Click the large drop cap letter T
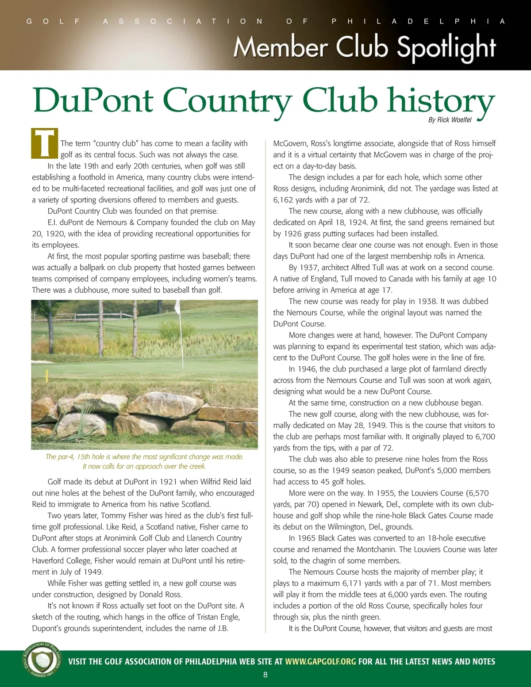pos(45,143)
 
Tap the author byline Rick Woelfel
pos(450,120)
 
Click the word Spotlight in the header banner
pos(446,48)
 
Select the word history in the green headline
pos(440,101)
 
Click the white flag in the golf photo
pos(177,306)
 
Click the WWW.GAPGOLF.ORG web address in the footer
pos(320,661)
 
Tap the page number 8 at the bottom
pos(265,675)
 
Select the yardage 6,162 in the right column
pos(283,200)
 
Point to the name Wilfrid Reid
pos(222,481)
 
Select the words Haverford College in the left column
pos(62,560)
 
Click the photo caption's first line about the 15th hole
pos(144,457)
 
